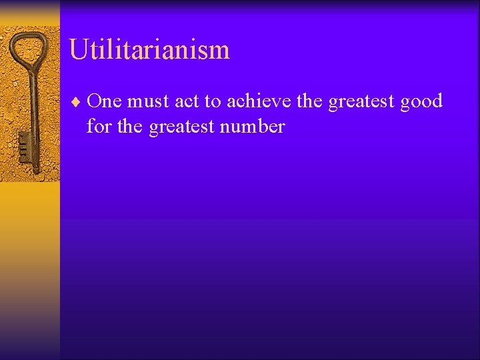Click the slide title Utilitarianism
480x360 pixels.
tap(149, 50)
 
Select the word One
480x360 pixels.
tap(104, 101)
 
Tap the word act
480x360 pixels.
tap(187, 102)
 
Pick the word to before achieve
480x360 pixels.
tap(213, 102)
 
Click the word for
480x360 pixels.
tap(99, 126)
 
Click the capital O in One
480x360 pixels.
tap(94, 101)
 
